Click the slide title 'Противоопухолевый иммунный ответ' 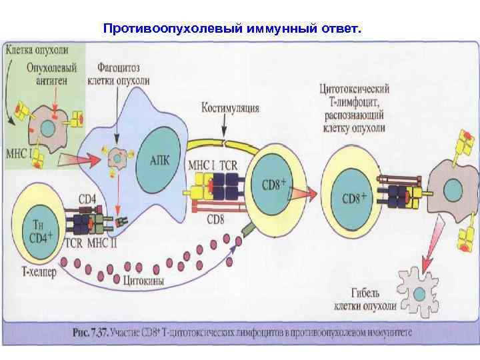tap(233, 29)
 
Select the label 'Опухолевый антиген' tap(52, 73)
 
